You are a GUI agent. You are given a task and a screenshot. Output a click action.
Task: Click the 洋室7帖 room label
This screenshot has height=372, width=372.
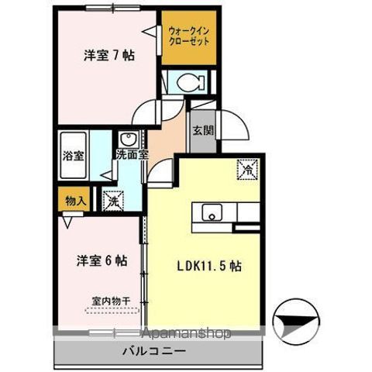(x=109, y=55)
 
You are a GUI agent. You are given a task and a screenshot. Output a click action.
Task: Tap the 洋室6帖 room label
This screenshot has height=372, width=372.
(x=102, y=260)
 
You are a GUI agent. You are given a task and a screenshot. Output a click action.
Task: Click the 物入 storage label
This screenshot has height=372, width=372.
(x=74, y=200)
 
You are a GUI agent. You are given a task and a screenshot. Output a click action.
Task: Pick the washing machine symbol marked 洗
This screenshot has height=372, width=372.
(x=113, y=199)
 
